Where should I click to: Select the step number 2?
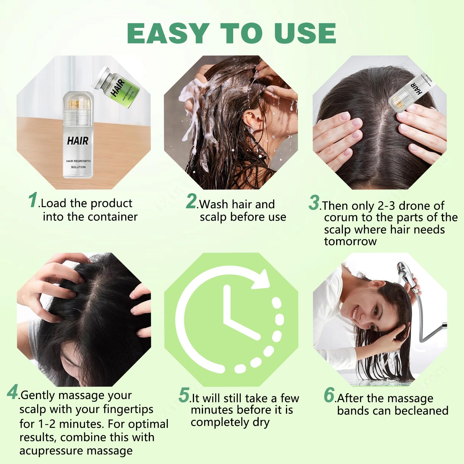point(191,201)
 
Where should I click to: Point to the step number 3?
point(314,202)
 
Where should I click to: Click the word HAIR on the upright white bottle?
point(78,141)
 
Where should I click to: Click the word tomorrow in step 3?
point(350,241)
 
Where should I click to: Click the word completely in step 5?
point(220,423)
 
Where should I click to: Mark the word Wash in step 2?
point(214,204)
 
